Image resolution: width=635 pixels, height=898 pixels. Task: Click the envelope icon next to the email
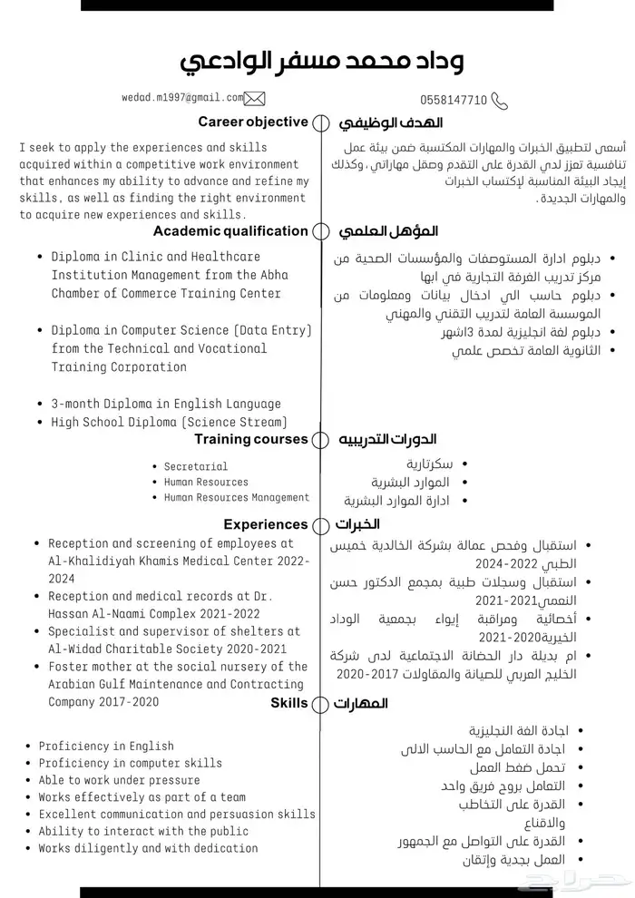click(x=255, y=98)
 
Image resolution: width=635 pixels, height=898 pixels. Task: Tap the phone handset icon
click(x=499, y=100)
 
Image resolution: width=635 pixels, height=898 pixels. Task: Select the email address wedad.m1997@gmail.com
click(x=182, y=97)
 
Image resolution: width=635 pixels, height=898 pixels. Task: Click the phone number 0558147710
click(x=454, y=100)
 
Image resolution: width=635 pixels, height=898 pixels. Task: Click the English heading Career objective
click(x=253, y=122)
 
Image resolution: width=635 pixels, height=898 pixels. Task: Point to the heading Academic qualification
click(x=230, y=230)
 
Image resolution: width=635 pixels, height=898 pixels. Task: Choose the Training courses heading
click(x=251, y=439)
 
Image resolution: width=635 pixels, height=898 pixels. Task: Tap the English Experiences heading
click(x=266, y=523)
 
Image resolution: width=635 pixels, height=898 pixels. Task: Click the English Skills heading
click(x=289, y=702)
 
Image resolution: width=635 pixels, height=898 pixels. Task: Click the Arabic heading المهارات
click(x=361, y=703)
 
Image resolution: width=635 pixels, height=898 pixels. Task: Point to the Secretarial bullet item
click(x=196, y=466)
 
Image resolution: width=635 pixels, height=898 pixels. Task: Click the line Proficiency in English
click(x=106, y=746)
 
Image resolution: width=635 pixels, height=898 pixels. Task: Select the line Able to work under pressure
click(x=119, y=780)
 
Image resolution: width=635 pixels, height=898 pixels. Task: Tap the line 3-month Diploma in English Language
click(x=166, y=404)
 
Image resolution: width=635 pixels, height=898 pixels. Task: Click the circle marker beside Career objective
click(x=320, y=122)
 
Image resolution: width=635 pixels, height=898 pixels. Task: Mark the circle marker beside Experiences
click(x=320, y=524)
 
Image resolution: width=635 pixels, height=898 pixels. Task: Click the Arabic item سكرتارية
click(x=430, y=464)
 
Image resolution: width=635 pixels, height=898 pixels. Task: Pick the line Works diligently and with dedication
click(x=148, y=848)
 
